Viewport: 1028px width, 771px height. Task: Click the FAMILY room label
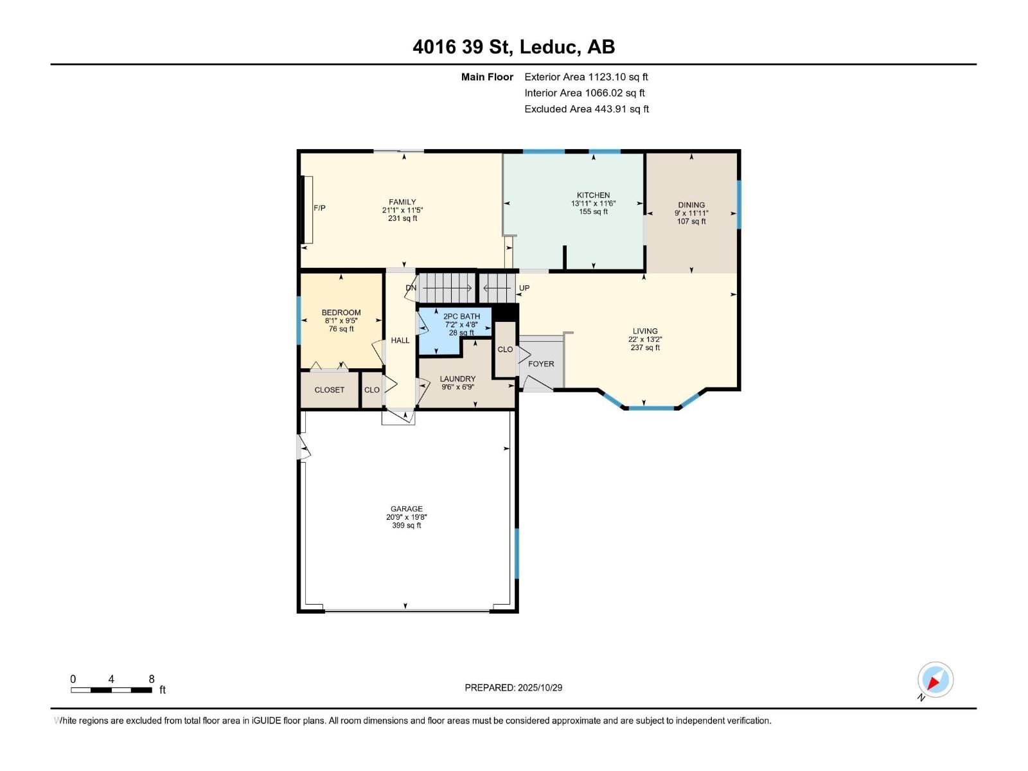(402, 202)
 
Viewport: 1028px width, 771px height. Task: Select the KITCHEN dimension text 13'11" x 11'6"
(593, 203)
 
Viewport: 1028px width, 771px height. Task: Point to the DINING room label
(691, 205)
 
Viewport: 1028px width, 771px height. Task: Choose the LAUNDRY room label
(457, 378)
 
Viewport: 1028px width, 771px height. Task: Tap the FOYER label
(541, 364)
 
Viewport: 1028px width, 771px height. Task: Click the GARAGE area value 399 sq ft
(406, 526)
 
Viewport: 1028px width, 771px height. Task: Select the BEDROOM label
(341, 312)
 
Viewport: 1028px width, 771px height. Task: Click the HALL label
(400, 340)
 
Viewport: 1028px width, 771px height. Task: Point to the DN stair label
(411, 288)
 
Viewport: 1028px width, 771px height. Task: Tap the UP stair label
(524, 288)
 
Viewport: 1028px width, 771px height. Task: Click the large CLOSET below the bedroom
(329, 390)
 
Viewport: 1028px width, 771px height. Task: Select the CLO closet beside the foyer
(505, 350)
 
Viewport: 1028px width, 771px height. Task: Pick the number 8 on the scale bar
(152, 679)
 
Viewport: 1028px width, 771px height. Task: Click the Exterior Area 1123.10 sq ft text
(586, 77)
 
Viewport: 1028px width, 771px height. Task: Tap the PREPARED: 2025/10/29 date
(513, 687)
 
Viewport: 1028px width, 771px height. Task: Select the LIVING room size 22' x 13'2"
(645, 339)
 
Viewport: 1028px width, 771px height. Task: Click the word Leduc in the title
(547, 47)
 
